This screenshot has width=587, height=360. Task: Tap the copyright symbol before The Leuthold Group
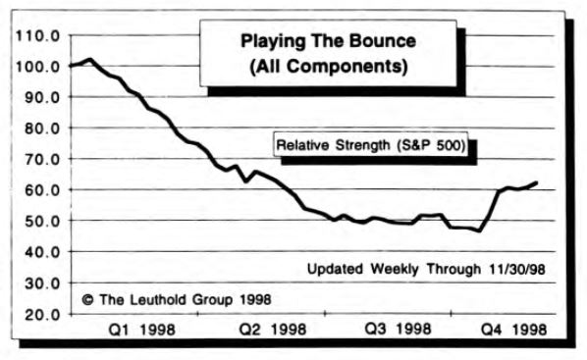coord(86,298)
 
